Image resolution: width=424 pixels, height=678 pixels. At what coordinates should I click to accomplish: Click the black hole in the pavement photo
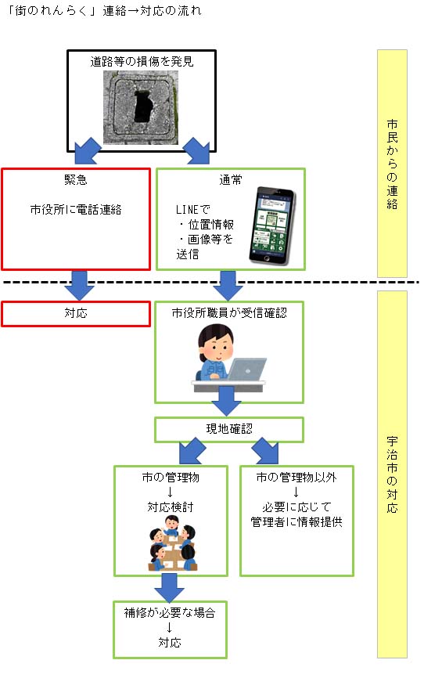click(x=142, y=107)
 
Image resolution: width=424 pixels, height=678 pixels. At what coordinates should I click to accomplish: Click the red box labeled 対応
click(x=76, y=313)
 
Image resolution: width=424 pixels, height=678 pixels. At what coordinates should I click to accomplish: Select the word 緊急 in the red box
click(x=76, y=179)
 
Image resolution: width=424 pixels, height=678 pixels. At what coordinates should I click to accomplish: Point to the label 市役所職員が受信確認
click(x=229, y=313)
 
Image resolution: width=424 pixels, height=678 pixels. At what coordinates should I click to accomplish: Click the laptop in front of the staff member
click(x=246, y=369)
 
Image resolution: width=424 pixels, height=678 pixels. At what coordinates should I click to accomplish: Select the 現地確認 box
click(x=229, y=429)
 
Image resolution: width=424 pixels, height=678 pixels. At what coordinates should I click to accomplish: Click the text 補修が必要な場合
click(x=170, y=613)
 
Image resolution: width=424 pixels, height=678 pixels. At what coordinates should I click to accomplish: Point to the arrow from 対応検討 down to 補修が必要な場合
click(x=170, y=585)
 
